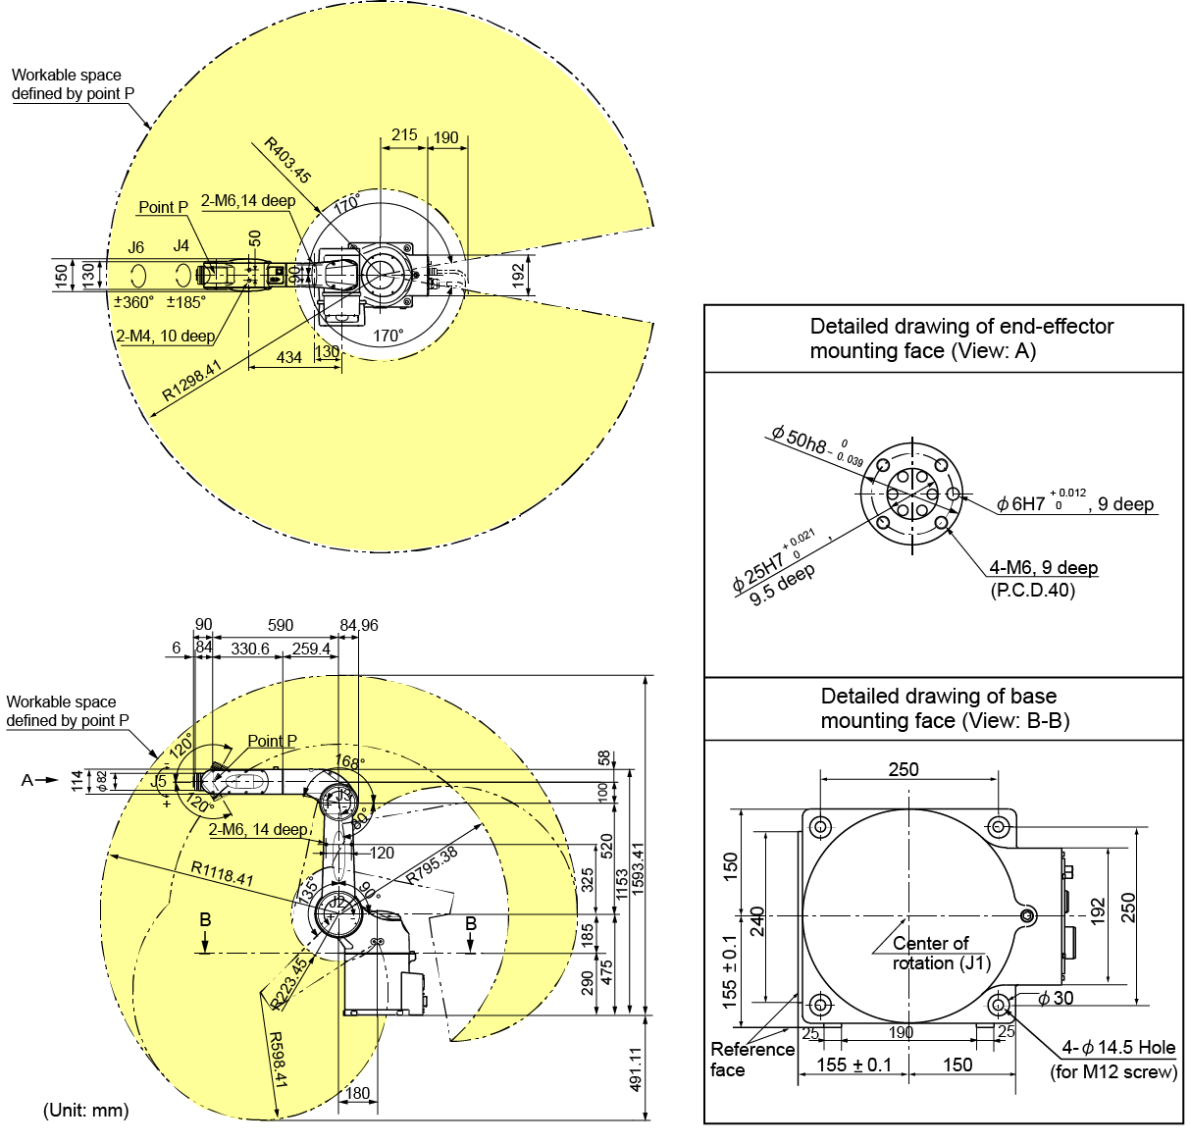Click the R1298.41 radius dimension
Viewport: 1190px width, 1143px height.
(x=191, y=382)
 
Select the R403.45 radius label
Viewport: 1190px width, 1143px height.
(x=287, y=161)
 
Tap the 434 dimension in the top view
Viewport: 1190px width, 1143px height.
(x=288, y=358)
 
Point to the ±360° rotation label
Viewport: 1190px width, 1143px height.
(x=133, y=302)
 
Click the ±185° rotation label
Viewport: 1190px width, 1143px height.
(x=185, y=302)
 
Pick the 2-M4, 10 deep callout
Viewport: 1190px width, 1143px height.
(x=166, y=336)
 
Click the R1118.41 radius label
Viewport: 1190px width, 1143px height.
(x=222, y=873)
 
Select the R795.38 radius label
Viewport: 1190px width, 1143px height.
(x=432, y=865)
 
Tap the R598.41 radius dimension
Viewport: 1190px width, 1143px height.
(x=278, y=1059)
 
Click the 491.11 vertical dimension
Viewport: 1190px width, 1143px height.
(x=636, y=1069)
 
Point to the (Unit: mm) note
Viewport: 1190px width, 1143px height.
(x=86, y=1111)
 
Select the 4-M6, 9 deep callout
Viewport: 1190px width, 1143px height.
(x=1043, y=568)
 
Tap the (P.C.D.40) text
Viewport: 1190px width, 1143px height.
(x=1032, y=591)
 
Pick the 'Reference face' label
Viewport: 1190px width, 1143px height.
(x=751, y=1060)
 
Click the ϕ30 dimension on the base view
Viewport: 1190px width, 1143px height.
(x=1056, y=998)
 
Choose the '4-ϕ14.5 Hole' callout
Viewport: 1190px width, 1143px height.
(x=1118, y=1048)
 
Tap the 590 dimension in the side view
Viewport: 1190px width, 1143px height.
(x=281, y=625)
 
